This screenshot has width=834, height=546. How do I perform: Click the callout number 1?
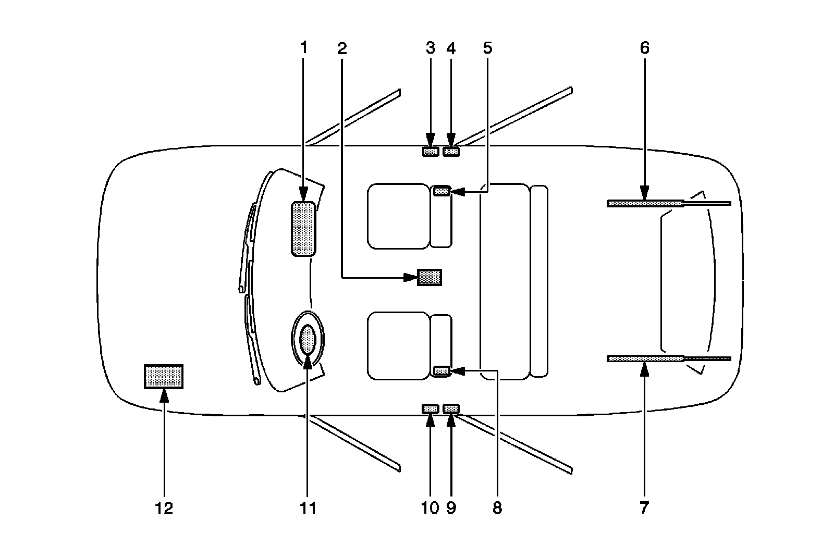click(303, 48)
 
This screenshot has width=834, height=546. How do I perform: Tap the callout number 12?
click(164, 508)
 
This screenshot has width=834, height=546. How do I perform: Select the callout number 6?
click(645, 48)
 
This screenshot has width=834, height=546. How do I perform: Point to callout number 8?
click(497, 508)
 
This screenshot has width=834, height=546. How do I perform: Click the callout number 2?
click(342, 48)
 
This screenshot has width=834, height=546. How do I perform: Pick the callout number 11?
click(308, 508)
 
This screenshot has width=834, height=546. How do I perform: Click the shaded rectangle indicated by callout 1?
click(303, 229)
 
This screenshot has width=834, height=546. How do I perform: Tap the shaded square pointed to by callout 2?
click(430, 277)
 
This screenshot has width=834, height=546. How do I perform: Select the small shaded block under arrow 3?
click(430, 152)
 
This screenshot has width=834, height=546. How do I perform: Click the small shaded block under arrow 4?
click(451, 152)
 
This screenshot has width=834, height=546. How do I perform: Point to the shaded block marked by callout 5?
click(441, 192)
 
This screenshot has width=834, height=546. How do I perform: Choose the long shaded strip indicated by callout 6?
click(645, 203)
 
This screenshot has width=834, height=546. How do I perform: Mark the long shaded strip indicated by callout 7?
click(645, 358)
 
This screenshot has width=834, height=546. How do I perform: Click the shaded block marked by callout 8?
click(441, 370)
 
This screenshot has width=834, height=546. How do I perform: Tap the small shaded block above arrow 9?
click(451, 409)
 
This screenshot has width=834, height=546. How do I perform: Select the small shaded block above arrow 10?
click(430, 409)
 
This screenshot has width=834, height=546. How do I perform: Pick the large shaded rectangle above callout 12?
click(164, 376)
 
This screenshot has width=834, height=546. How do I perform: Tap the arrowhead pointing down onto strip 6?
click(645, 194)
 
